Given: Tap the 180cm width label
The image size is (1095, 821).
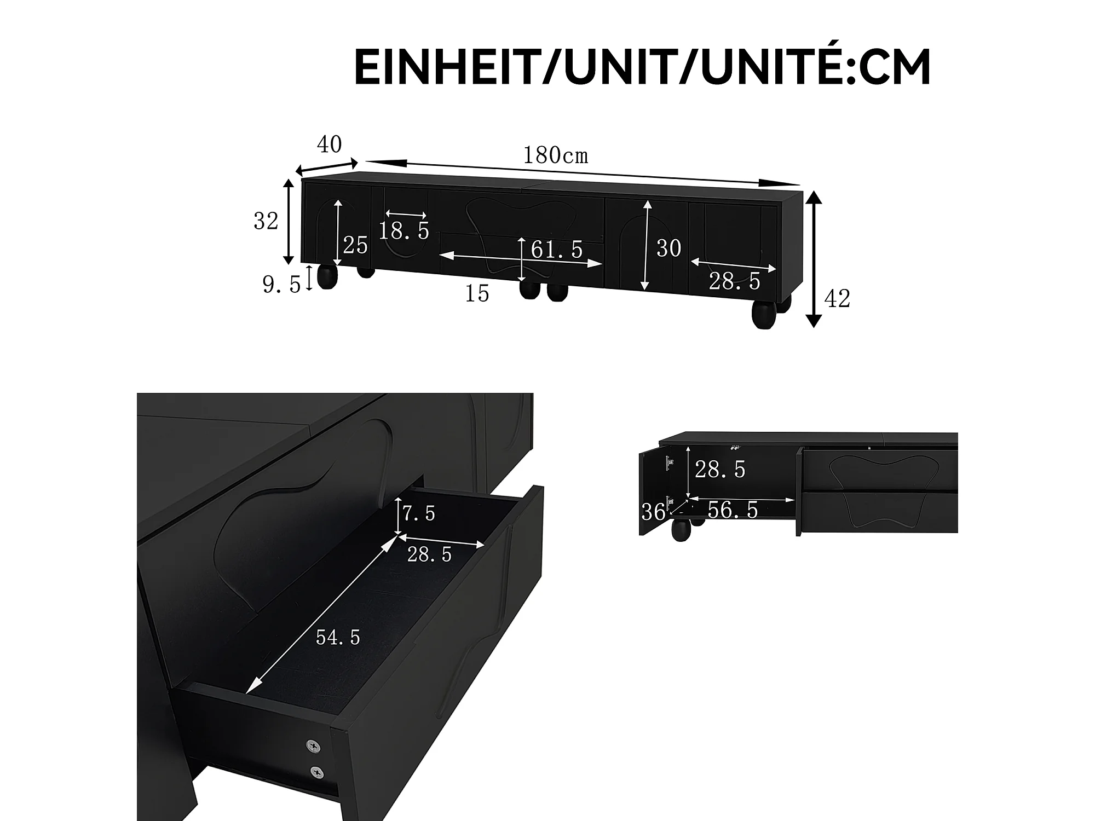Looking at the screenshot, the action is point(555,155).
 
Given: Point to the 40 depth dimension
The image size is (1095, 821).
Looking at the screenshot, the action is point(330,144).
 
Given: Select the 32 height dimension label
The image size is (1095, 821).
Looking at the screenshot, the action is point(266,221).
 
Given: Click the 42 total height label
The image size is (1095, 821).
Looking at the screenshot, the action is point(837,298).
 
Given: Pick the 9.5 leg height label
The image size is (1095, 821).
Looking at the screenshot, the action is point(281,284).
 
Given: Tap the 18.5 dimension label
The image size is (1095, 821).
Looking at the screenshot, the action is point(404,231).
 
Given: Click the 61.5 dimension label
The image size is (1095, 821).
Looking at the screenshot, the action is point(557,250).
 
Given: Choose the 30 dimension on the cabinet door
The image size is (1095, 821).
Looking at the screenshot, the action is point(668,248).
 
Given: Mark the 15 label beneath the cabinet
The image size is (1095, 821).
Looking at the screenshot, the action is point(476,294).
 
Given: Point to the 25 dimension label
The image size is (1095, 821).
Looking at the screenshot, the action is point(355,245).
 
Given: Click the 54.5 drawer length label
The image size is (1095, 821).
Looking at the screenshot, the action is point(338,637).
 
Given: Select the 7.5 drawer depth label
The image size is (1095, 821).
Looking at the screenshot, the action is point(419,513).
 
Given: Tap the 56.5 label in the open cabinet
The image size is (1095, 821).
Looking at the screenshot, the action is point(733,510).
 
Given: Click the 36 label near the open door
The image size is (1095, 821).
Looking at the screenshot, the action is point(653,512).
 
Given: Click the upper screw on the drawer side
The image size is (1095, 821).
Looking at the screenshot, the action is point(314,745).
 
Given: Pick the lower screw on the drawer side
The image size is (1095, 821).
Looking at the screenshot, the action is point(317,772).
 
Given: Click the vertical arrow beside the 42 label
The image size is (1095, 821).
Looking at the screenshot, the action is point(815,259).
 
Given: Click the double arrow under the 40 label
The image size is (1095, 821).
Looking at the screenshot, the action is point(327,166).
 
